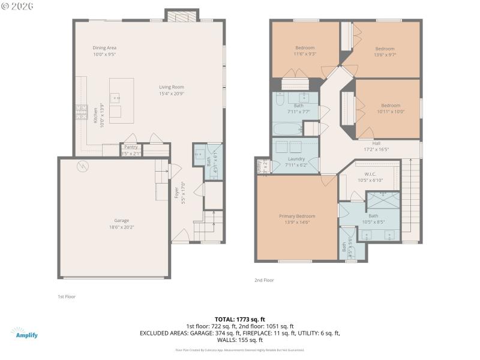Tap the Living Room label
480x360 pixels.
coord(171,87)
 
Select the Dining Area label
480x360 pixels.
coord(104,47)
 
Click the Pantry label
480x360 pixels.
coord(131,147)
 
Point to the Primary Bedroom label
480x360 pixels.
coord(296,216)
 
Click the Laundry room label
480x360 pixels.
coord(295,159)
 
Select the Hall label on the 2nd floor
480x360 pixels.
coord(376,143)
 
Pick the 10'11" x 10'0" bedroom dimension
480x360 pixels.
coord(391,111)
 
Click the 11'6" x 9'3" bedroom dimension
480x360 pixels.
coord(305,53)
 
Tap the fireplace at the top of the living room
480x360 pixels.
coord(182,16)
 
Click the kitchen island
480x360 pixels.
coord(121,100)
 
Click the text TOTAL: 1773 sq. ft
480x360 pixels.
coord(239,319)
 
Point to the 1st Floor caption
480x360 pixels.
coord(66,296)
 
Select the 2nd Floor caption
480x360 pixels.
coord(264,280)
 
